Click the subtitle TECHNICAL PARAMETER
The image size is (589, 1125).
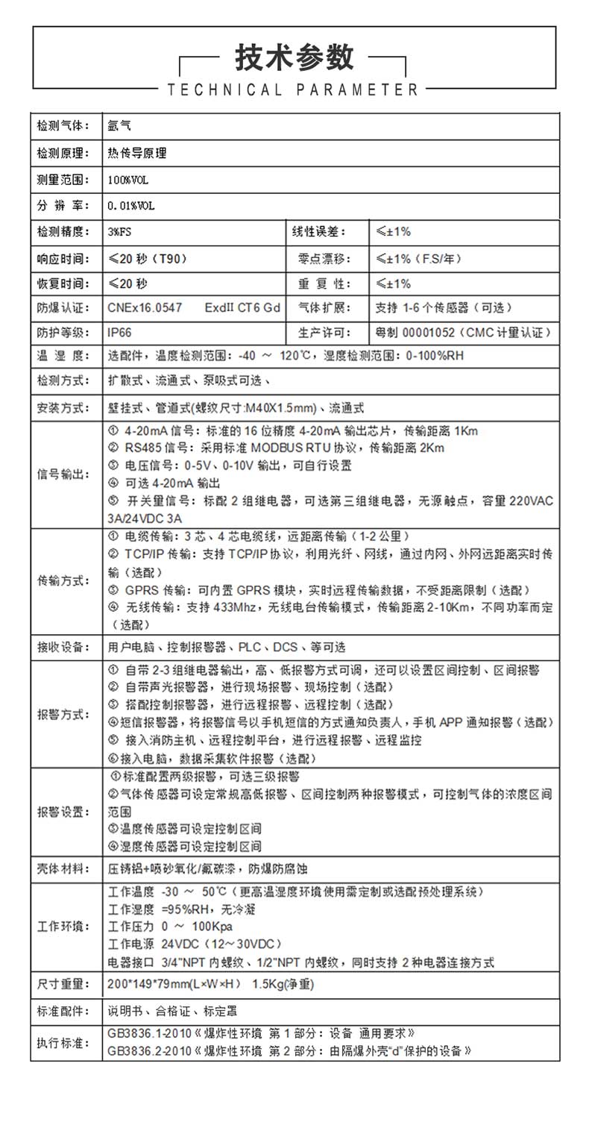(294, 90)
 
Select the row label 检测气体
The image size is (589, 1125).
(63, 126)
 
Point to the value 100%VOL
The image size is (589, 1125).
(123, 180)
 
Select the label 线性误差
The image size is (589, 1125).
(319, 232)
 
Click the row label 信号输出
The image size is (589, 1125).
(63, 474)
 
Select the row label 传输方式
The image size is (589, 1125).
(63, 580)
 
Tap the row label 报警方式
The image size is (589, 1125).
(63, 713)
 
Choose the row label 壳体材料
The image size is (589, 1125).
(63, 868)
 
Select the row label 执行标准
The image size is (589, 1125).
(63, 1042)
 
